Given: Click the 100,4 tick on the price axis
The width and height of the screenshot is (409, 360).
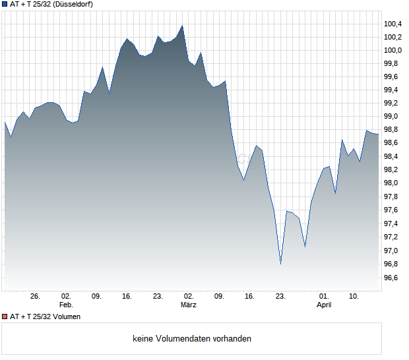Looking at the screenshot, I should [393, 24].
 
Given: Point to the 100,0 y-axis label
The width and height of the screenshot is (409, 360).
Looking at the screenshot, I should [393, 50].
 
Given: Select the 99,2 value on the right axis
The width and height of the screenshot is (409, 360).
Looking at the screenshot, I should [393, 104].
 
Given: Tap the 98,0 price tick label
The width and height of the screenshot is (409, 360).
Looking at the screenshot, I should [393, 183].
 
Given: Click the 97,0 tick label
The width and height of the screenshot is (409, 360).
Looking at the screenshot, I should [393, 251].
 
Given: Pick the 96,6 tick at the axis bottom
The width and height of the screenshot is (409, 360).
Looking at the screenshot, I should [393, 278].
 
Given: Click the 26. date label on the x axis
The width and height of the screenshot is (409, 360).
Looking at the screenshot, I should [36, 297].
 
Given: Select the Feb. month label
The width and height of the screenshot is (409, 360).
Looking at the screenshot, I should [65, 305].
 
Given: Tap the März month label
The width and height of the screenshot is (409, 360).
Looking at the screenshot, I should [189, 305].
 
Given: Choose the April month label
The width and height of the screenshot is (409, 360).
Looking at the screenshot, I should [324, 305].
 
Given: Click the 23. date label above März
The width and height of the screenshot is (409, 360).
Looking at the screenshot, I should [158, 297].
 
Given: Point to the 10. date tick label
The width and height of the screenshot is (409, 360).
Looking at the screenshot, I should [354, 297].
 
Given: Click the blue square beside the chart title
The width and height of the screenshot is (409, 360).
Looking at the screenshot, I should [5, 5].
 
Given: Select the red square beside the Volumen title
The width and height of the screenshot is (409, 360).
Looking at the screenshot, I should [5, 317].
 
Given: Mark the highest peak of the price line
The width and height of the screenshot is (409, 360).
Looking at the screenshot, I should [182, 26].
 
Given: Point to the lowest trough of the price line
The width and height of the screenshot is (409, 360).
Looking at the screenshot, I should [280, 264].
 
